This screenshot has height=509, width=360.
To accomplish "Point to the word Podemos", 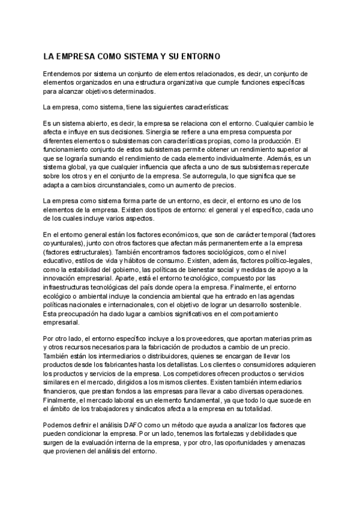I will [58, 425].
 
